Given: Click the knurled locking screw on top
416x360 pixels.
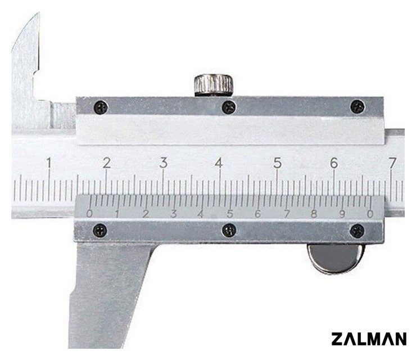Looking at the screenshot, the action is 214,85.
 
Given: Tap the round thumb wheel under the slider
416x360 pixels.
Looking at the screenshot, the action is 336,258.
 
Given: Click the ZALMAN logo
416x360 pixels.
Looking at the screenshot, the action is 369,339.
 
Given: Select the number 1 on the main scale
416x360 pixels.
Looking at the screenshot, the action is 48,163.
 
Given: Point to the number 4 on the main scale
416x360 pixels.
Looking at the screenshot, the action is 219,163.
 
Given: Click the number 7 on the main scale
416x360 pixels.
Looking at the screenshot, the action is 392,163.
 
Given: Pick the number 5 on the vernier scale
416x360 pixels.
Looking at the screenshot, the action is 230,214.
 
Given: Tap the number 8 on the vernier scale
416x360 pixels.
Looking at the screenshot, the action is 314,214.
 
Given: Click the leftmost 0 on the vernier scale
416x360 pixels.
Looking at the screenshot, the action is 90,214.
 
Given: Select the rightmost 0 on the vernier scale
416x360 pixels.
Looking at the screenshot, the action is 370,214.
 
